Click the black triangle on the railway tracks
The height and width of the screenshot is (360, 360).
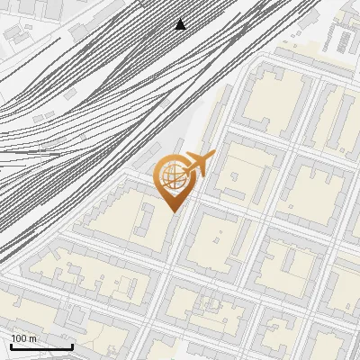180,24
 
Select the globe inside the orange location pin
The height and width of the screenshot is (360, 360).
171,177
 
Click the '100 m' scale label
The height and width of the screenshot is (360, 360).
24,338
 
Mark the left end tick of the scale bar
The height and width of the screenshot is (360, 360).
11,346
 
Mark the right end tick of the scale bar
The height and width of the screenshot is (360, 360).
72,346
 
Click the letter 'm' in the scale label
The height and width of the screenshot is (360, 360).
33,338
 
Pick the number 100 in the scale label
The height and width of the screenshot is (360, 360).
19,338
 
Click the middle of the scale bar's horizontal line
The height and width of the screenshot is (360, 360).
41,347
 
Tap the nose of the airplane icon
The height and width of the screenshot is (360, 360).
212,156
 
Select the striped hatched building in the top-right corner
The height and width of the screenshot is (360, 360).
343,39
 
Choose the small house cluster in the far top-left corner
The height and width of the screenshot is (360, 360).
18,36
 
